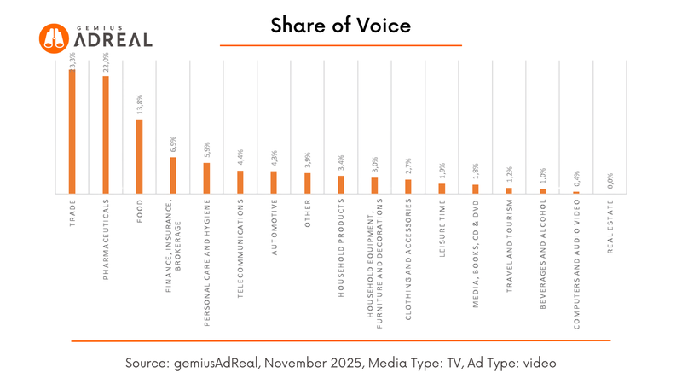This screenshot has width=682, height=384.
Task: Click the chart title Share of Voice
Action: point(340,26)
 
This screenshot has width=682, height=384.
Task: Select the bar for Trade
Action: point(72,131)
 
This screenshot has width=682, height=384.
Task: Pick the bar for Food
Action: point(139,157)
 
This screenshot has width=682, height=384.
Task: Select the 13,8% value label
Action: point(139,108)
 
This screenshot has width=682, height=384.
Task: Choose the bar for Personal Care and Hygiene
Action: point(206,178)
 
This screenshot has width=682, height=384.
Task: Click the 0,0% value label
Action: point(610,181)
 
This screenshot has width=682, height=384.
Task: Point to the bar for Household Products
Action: point(341,185)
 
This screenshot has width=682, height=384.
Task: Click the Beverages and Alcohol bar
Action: point(543,191)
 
